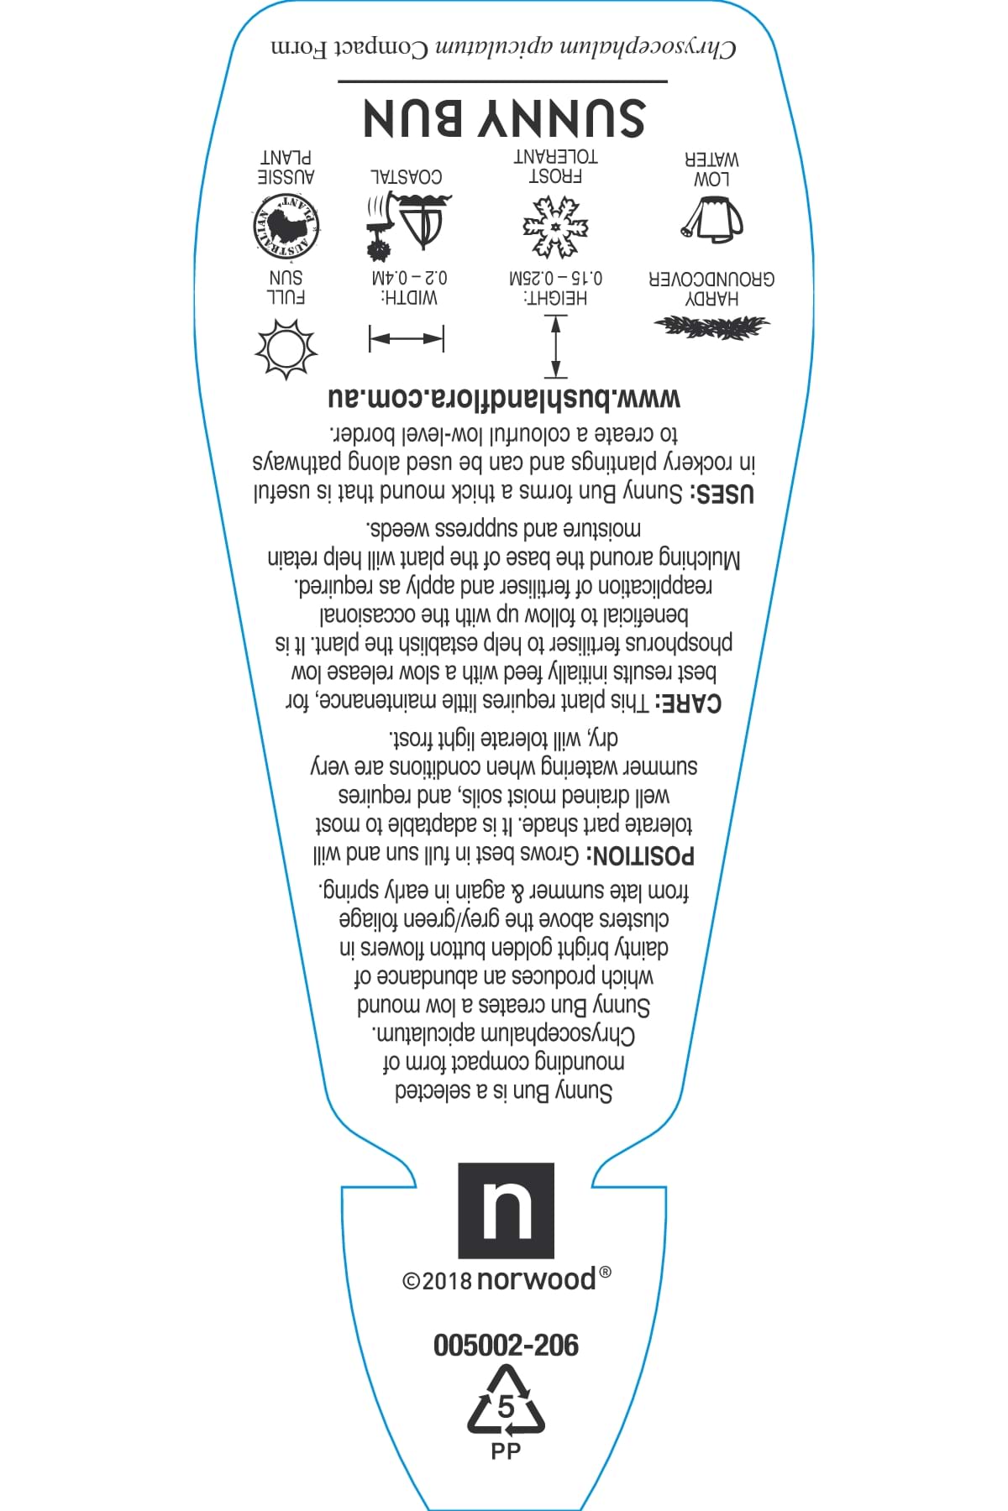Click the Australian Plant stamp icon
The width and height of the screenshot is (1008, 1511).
coord(286,227)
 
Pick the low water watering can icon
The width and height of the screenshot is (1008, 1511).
coord(712,220)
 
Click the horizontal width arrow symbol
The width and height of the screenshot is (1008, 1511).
coord(407,339)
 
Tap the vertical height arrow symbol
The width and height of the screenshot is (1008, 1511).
coord(555,347)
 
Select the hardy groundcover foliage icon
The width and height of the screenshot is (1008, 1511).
coord(711,327)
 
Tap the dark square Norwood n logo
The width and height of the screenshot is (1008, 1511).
coord(506,1210)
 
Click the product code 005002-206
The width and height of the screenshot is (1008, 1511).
coord(506,1346)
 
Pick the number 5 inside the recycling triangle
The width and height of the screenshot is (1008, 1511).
coord(506,1406)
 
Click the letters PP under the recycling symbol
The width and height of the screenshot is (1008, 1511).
coord(506,1451)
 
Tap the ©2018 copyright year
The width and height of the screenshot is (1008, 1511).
coord(437,1282)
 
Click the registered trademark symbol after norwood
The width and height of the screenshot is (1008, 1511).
coord(605,1273)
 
